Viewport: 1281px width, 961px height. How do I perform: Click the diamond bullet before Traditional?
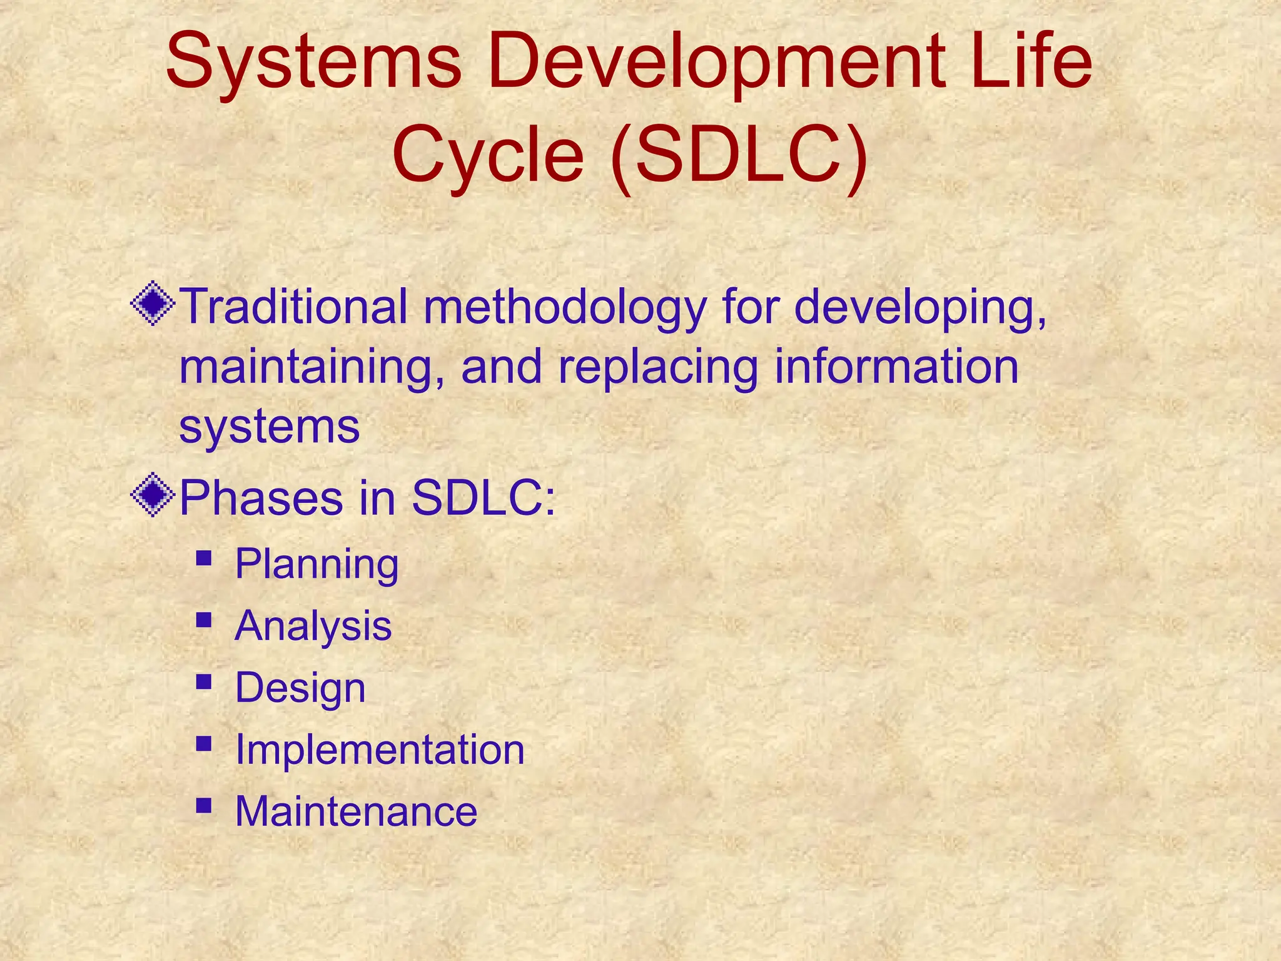tap(153, 305)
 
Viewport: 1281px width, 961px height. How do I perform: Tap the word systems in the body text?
tap(269, 427)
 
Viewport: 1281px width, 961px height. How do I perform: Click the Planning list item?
tap(316, 565)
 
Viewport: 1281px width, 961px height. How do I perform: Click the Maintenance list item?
tap(356, 811)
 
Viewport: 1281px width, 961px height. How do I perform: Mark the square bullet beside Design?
tap(203, 681)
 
